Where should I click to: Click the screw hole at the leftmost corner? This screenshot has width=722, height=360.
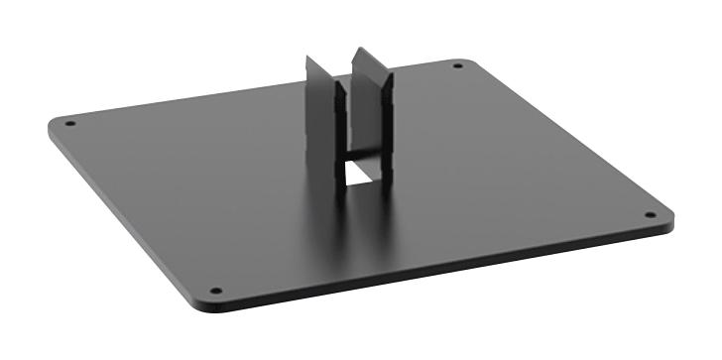[x=69, y=124]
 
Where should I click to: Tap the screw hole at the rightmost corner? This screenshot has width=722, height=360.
[x=650, y=214]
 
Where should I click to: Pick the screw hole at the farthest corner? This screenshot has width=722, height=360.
[x=457, y=66]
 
